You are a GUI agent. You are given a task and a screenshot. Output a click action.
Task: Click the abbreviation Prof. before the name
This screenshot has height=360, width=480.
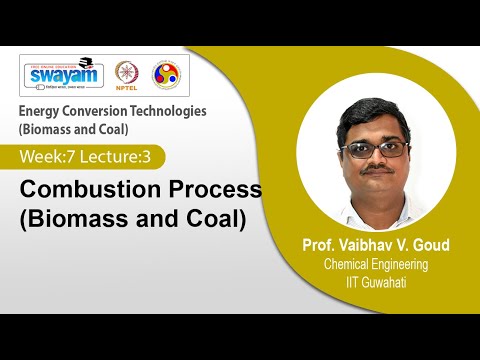305,246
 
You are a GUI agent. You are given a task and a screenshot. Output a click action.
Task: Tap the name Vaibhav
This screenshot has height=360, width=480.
357,246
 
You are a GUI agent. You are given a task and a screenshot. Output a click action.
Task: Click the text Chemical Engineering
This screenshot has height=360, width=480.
374,264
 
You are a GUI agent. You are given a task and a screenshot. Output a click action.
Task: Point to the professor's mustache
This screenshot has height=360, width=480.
374,170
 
